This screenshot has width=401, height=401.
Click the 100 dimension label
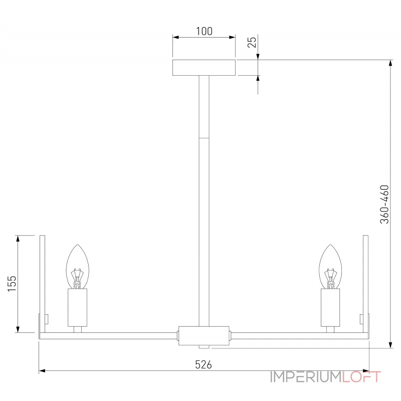pyautogui.click(x=204, y=31)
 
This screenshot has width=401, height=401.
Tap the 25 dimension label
pyautogui.click(x=252, y=42)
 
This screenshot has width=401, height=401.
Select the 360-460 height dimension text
pyautogui.click(x=384, y=205)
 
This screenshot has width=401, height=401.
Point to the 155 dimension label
pyautogui.click(x=12, y=283)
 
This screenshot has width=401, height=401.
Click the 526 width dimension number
pyautogui.click(x=204, y=365)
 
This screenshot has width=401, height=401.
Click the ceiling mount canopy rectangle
pyautogui.click(x=204, y=68)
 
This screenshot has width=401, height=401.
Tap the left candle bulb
pyautogui.click(x=78, y=267)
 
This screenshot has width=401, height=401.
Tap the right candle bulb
pyautogui.click(x=330, y=267)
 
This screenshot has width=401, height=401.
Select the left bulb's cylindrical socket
pyautogui.click(x=78, y=308)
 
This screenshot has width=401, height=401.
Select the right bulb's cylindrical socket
pyautogui.click(x=330, y=308)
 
